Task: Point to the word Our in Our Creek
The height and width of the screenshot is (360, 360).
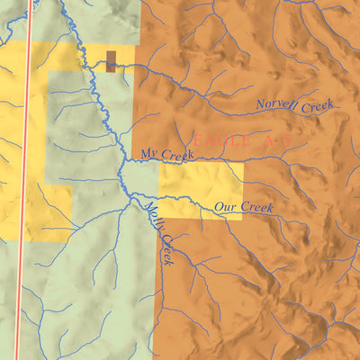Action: tap(224, 207)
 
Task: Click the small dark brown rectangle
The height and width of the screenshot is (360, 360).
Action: tap(111, 61)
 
